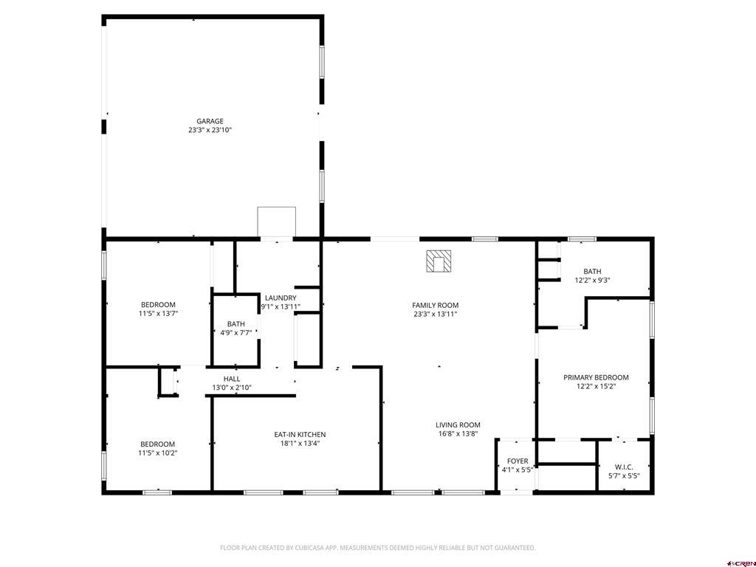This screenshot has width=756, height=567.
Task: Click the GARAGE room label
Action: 210,121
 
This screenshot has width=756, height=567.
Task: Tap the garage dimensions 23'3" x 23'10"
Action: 210,130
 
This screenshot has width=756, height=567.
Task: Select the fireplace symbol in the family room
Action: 439,261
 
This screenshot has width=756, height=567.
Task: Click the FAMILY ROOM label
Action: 435,305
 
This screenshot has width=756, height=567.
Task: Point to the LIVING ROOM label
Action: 458,425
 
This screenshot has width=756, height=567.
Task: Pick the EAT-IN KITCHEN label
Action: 300,434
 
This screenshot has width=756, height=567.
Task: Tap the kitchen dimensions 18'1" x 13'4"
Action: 300,444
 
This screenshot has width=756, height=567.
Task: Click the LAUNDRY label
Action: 281,298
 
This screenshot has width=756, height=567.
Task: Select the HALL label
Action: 232,379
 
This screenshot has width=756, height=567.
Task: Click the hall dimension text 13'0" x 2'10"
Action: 232,388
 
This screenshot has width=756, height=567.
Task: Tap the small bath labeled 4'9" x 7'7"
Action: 236,329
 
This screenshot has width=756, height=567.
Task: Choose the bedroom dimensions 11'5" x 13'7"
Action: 158,314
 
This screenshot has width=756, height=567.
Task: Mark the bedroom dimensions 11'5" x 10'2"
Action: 158,453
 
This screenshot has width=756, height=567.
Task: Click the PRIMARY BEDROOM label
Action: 596,377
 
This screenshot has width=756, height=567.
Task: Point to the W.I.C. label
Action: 624,467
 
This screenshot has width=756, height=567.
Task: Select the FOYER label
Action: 518,461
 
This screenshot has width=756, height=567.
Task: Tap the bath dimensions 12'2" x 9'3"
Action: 592,281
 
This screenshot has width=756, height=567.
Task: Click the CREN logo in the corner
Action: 741,562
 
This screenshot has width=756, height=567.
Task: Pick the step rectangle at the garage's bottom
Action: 276,221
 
